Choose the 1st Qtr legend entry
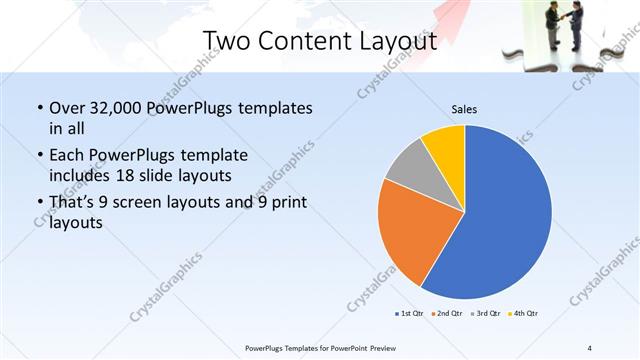pos(410,314)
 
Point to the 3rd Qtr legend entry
pos(484,314)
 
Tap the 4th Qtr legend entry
pos(522,314)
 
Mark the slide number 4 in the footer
pos(589,348)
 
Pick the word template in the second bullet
pos(214,156)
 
